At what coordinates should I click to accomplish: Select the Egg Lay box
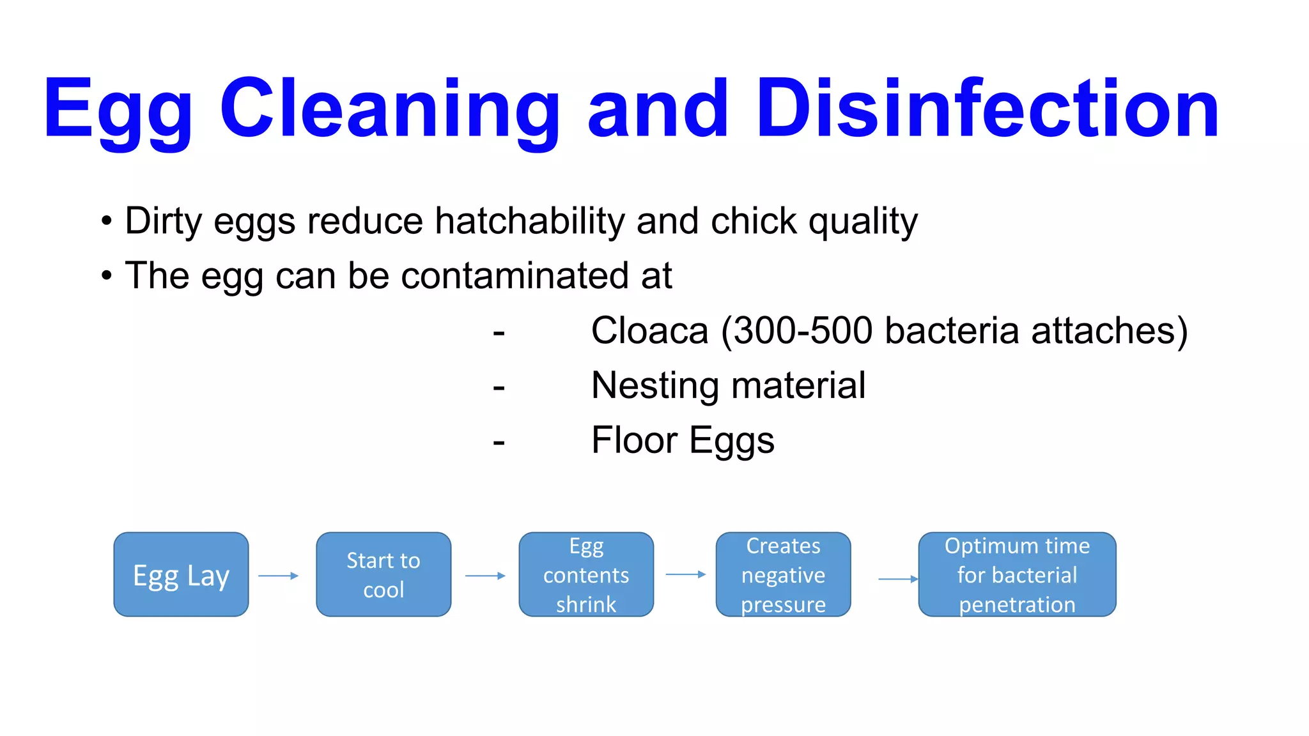pos(181,574)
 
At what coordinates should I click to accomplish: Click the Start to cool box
pos(383,574)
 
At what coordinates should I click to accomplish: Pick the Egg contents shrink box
pos(586,574)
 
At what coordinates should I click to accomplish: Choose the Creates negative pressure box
pos(783,574)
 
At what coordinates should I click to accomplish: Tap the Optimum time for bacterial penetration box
pos(1017,574)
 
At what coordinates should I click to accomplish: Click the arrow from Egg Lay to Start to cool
pos(279,576)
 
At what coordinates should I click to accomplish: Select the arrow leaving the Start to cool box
pos(485,576)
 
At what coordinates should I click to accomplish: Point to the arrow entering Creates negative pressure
pos(685,574)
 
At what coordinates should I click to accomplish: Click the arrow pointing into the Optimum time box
pos(898,579)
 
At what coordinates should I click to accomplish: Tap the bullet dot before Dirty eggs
pos(106,222)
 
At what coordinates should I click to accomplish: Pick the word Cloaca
pos(649,331)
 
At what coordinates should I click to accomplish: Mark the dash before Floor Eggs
pos(499,442)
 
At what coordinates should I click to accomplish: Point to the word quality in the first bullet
pos(863,221)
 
